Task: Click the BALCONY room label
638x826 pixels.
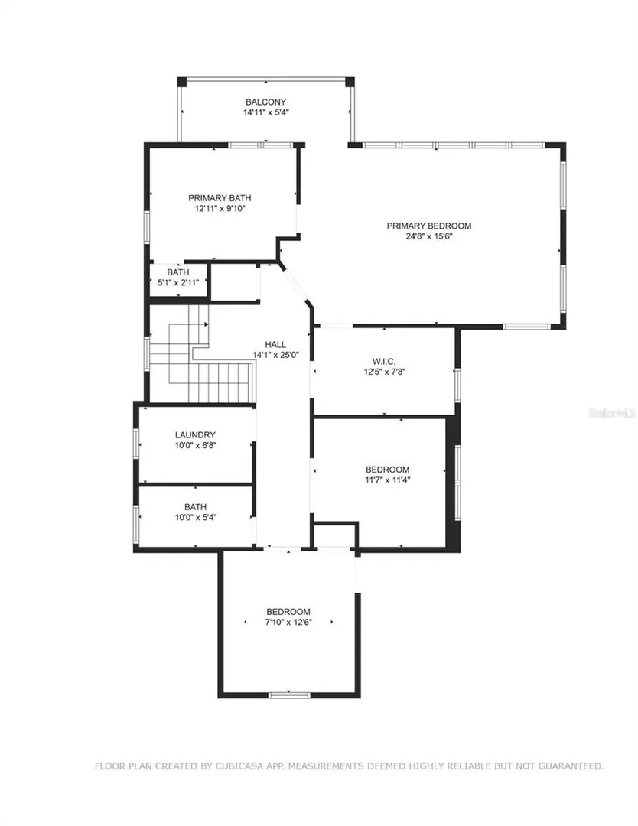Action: coord(265,102)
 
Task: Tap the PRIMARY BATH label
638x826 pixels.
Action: coord(220,198)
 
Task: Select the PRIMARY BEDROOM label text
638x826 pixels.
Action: coord(429,226)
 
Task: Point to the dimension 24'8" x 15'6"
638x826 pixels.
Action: coord(429,236)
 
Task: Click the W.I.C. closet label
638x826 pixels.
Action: coord(384,361)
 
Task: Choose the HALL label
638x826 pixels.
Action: coord(275,344)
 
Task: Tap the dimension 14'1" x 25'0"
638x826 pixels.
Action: coord(275,355)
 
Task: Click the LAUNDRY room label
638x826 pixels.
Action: coord(196,435)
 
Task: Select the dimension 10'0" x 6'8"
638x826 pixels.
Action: coord(196,446)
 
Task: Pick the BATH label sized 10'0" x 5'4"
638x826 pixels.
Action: coord(196,507)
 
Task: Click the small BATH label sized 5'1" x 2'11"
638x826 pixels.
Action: coord(178,272)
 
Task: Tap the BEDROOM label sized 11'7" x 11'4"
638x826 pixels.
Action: coord(387,470)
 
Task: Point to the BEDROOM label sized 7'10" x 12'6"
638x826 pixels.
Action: coord(288,612)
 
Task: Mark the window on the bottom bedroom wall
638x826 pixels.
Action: coord(289,694)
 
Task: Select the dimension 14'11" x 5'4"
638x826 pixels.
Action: coord(266,112)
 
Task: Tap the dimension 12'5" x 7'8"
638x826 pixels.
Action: coord(384,372)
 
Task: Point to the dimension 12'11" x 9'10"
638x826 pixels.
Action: coord(220,209)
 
